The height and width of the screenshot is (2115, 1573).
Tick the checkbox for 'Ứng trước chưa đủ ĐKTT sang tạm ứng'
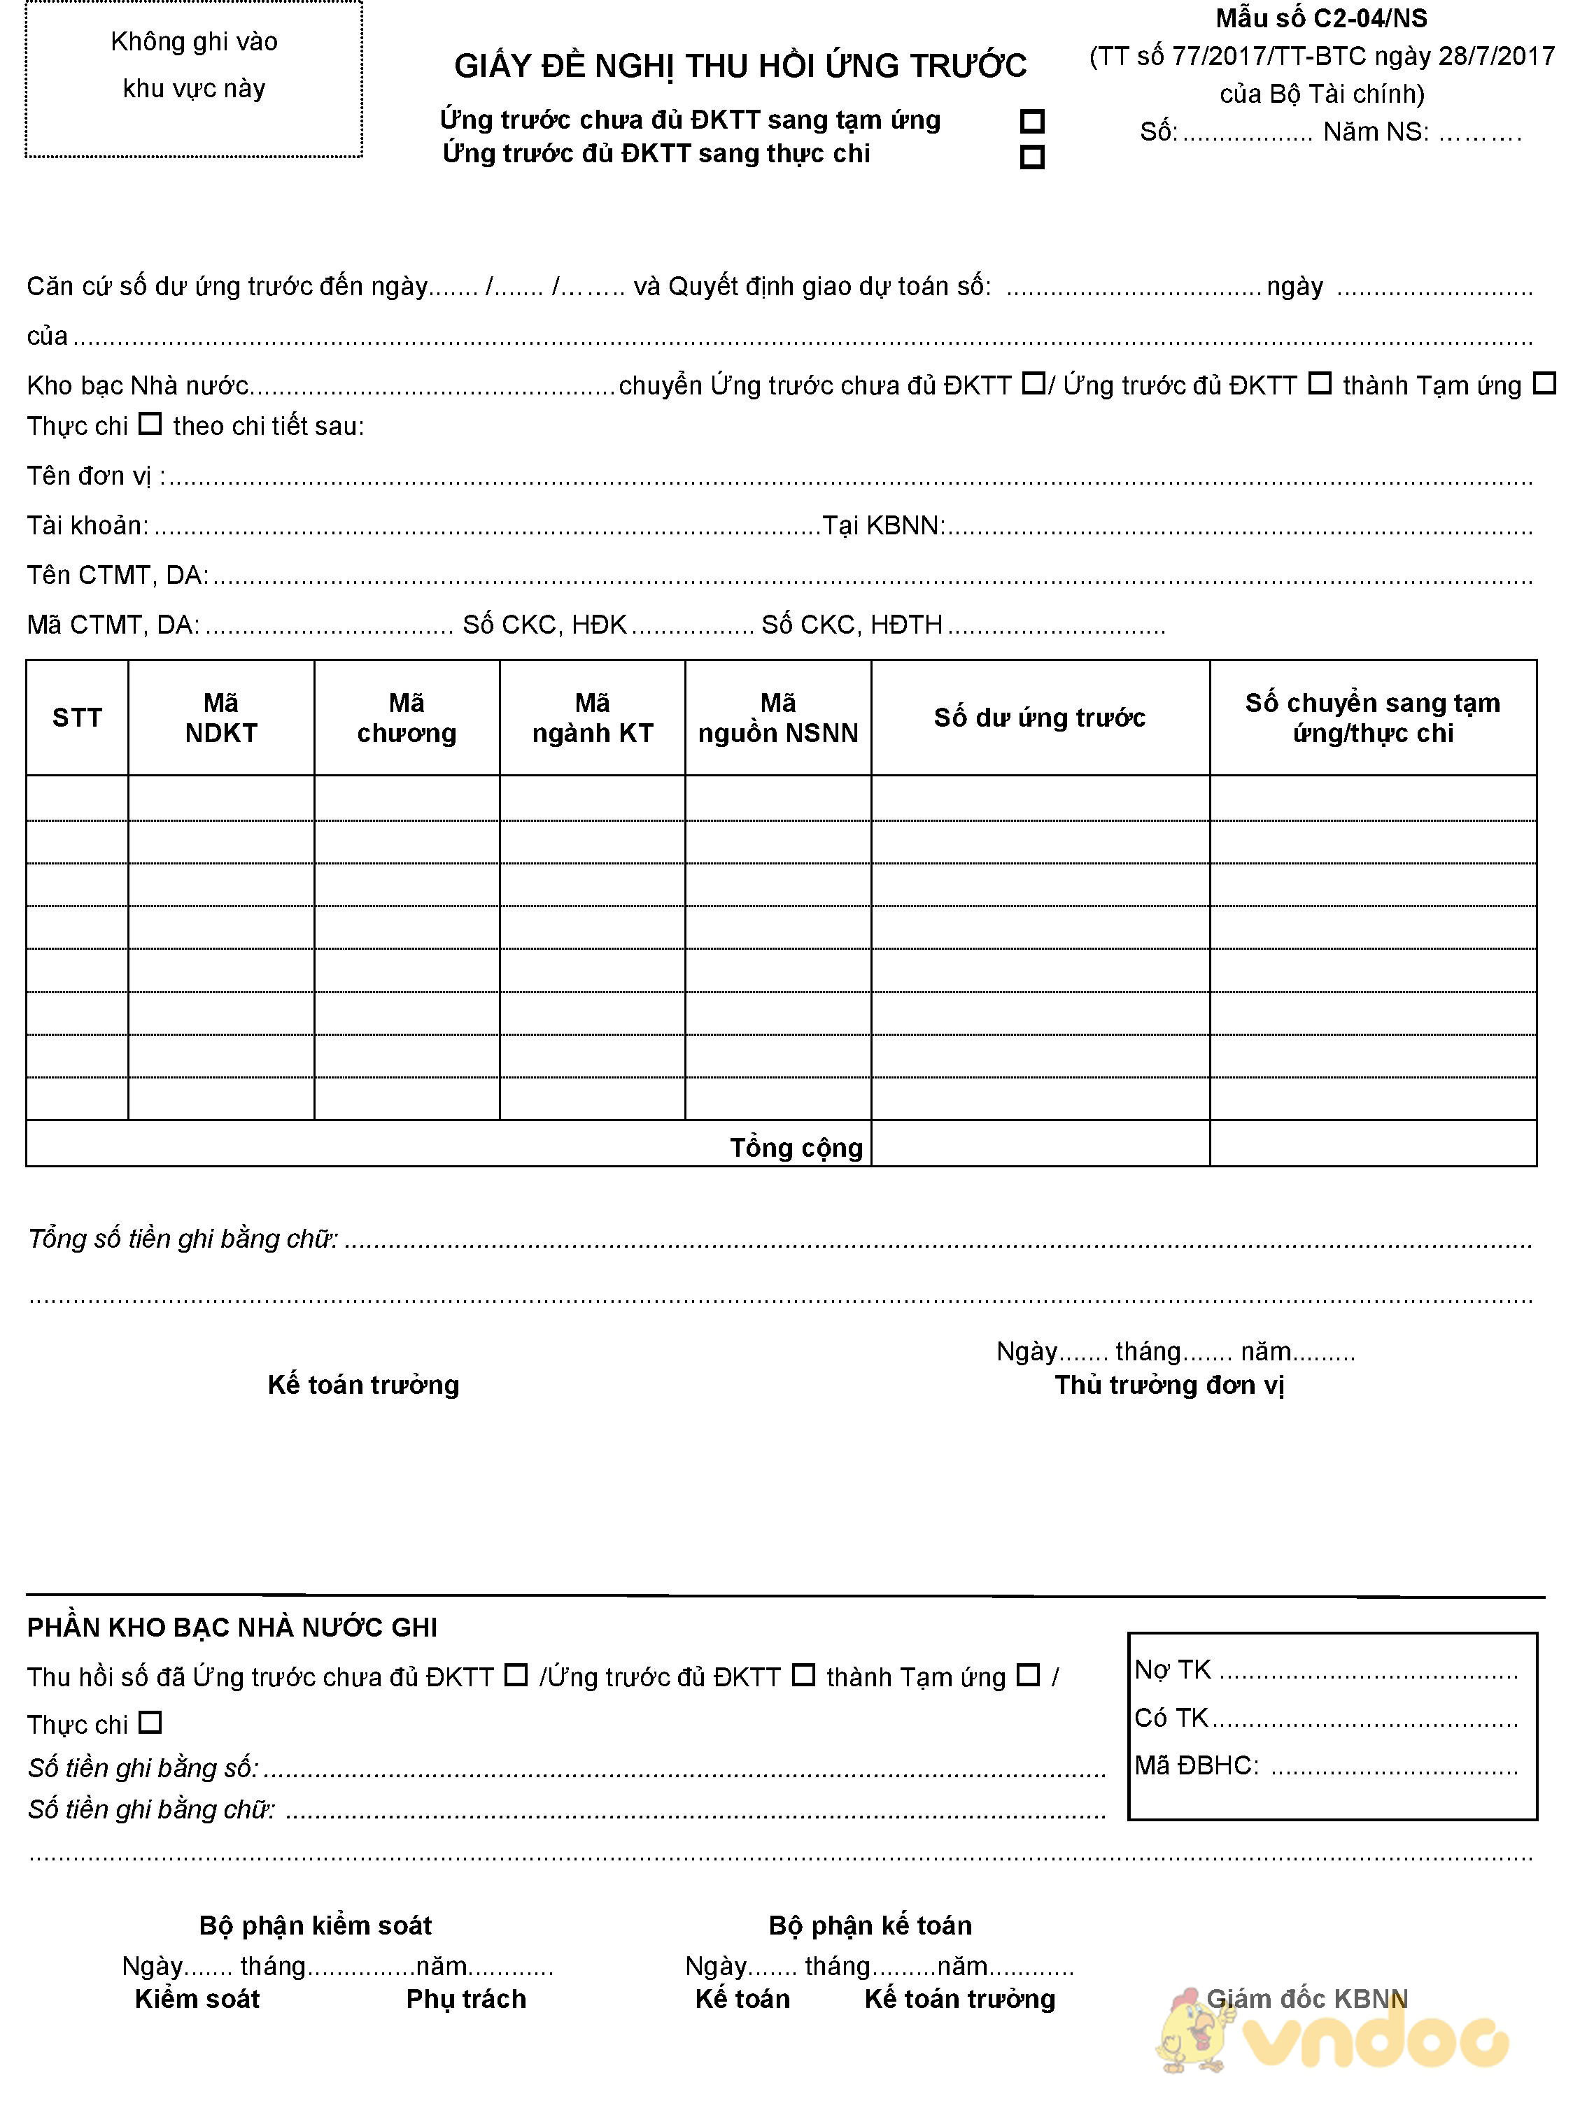[x=1031, y=122]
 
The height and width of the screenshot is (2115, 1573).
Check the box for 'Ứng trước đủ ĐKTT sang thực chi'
[x=1031, y=156]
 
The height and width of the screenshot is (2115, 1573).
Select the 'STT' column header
[x=77, y=718]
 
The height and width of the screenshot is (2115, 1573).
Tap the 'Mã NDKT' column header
[x=221, y=718]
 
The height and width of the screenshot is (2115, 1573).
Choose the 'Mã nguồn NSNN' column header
[x=778, y=718]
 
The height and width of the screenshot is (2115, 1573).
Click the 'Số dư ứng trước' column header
[x=1039, y=718]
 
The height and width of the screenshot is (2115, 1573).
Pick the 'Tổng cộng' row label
[x=796, y=1148]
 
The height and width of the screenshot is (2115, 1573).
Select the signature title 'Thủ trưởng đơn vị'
[x=1169, y=1385]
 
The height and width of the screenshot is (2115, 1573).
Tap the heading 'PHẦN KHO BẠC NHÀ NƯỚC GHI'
[x=232, y=1628]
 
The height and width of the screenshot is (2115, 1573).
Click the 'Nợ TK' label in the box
[x=1173, y=1669]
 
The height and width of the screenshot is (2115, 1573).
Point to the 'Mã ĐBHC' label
[x=1196, y=1766]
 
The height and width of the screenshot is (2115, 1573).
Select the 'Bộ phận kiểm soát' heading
[x=315, y=1925]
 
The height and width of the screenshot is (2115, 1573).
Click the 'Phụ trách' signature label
[x=465, y=1999]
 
